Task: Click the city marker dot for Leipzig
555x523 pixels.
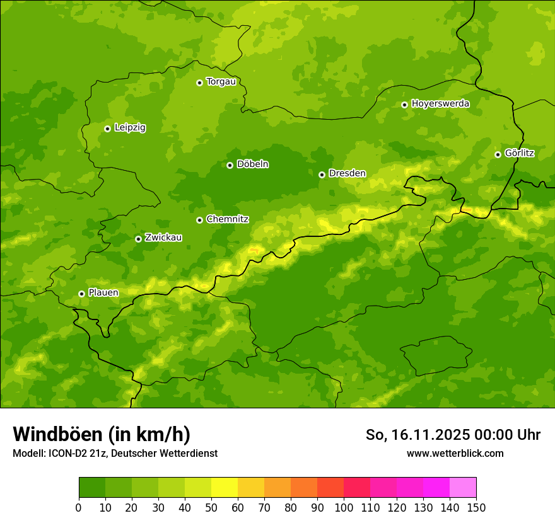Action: coord(107,129)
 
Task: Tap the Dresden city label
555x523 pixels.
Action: coord(347,173)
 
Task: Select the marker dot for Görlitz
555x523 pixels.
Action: coord(498,154)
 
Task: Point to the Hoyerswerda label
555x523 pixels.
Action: coord(440,104)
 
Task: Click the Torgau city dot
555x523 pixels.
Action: coord(199,83)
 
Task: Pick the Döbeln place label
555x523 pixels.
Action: coord(252,164)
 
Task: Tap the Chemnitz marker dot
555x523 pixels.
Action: coord(199,220)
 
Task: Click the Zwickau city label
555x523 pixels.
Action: coord(163,238)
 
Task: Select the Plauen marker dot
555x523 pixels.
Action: coord(81,294)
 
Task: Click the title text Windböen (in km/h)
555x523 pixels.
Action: coord(102,434)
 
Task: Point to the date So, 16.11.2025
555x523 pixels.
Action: coord(417,435)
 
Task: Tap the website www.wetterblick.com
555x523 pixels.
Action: coord(455,453)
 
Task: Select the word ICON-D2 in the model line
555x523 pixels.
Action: coord(64,454)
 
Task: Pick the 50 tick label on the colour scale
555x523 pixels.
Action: coord(211,507)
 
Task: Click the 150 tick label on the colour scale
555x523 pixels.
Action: coord(476,507)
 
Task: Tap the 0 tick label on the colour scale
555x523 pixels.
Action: coord(79,507)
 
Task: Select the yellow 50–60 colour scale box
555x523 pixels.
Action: coord(225,488)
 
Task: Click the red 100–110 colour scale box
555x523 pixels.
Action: coord(357,488)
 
